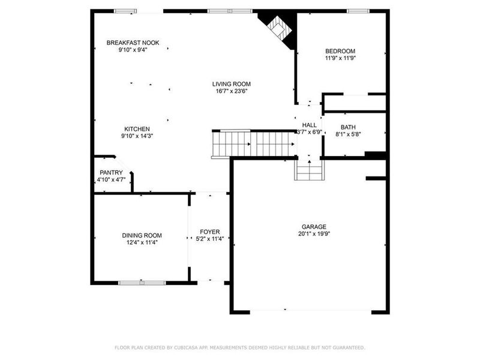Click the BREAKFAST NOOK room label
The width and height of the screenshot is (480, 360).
coord(133,43)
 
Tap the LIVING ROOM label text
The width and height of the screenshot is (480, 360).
coord(231,84)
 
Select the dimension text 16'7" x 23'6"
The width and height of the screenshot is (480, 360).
coord(231,92)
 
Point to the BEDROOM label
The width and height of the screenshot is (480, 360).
coord(340,51)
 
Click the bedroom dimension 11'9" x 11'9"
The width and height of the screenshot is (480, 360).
coord(340,59)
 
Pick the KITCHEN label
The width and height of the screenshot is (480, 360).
coord(137,129)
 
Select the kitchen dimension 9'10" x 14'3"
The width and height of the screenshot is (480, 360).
coord(137,137)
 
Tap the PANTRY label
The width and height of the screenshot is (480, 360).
coord(111,173)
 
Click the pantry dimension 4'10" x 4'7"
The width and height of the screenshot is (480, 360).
coord(111,180)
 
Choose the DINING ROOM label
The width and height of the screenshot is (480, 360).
coord(142,235)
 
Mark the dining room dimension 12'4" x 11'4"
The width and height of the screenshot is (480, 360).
coord(142,243)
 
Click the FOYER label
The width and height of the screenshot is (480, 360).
coord(210,232)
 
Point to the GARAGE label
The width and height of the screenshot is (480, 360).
coord(313,227)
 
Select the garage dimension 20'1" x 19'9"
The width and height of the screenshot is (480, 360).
coord(313,235)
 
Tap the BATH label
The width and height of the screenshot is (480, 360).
coord(347,127)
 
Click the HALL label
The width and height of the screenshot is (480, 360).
coord(310,125)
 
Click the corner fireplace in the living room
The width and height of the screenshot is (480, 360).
coord(278,27)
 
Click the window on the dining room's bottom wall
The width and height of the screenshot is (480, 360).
coord(142,282)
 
